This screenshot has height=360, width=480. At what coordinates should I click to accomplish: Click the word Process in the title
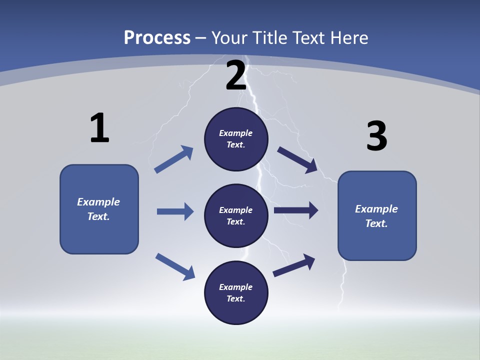157,37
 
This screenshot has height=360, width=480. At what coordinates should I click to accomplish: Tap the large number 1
99,128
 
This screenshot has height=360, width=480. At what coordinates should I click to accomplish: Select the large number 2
236,75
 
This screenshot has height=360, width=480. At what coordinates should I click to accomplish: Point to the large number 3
376,136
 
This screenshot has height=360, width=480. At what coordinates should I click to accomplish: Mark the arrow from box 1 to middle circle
174,211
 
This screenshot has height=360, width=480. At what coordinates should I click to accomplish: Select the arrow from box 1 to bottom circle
175,266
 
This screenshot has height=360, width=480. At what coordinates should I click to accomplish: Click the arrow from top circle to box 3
297,159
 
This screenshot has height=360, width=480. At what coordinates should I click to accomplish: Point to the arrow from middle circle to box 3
295,210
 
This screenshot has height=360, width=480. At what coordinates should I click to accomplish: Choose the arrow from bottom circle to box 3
294,265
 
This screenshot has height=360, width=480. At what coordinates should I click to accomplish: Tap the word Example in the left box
98,202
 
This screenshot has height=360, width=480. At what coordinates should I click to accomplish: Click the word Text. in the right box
376,223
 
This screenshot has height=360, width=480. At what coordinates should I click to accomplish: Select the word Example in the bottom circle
236,287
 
